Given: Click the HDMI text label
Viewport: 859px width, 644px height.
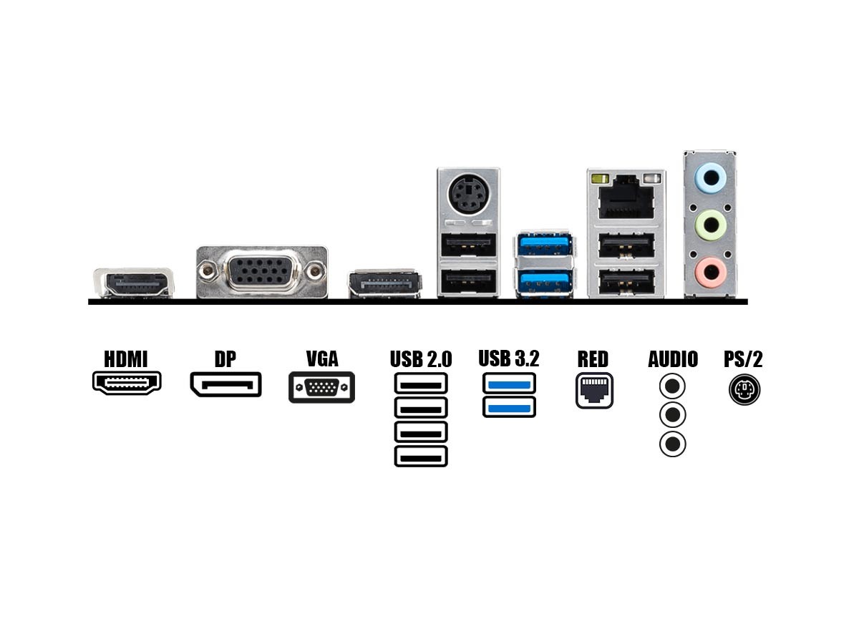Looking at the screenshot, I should (126, 358).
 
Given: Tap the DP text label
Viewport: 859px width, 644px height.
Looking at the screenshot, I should (225, 358).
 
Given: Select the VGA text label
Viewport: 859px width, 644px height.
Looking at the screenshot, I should (321, 358).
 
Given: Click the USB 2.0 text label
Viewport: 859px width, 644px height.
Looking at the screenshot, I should (421, 358).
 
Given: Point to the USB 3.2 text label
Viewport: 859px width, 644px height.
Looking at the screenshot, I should (509, 358).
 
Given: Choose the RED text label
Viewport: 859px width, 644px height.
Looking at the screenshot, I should (593, 358).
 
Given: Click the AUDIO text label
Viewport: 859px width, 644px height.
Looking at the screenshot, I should (673, 358).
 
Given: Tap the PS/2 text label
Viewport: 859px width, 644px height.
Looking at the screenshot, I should (744, 358).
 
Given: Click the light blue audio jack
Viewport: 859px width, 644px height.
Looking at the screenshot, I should (712, 177).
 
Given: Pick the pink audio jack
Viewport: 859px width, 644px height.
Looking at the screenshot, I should (712, 271).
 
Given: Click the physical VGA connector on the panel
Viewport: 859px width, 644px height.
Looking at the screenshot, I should (261, 272).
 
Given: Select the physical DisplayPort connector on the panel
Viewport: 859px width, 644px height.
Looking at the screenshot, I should (384, 285).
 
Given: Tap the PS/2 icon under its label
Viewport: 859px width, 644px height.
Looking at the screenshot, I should (744, 391).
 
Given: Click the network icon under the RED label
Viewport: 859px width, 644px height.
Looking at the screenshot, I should (594, 391).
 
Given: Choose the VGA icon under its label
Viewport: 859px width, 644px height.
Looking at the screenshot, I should (321, 388).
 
